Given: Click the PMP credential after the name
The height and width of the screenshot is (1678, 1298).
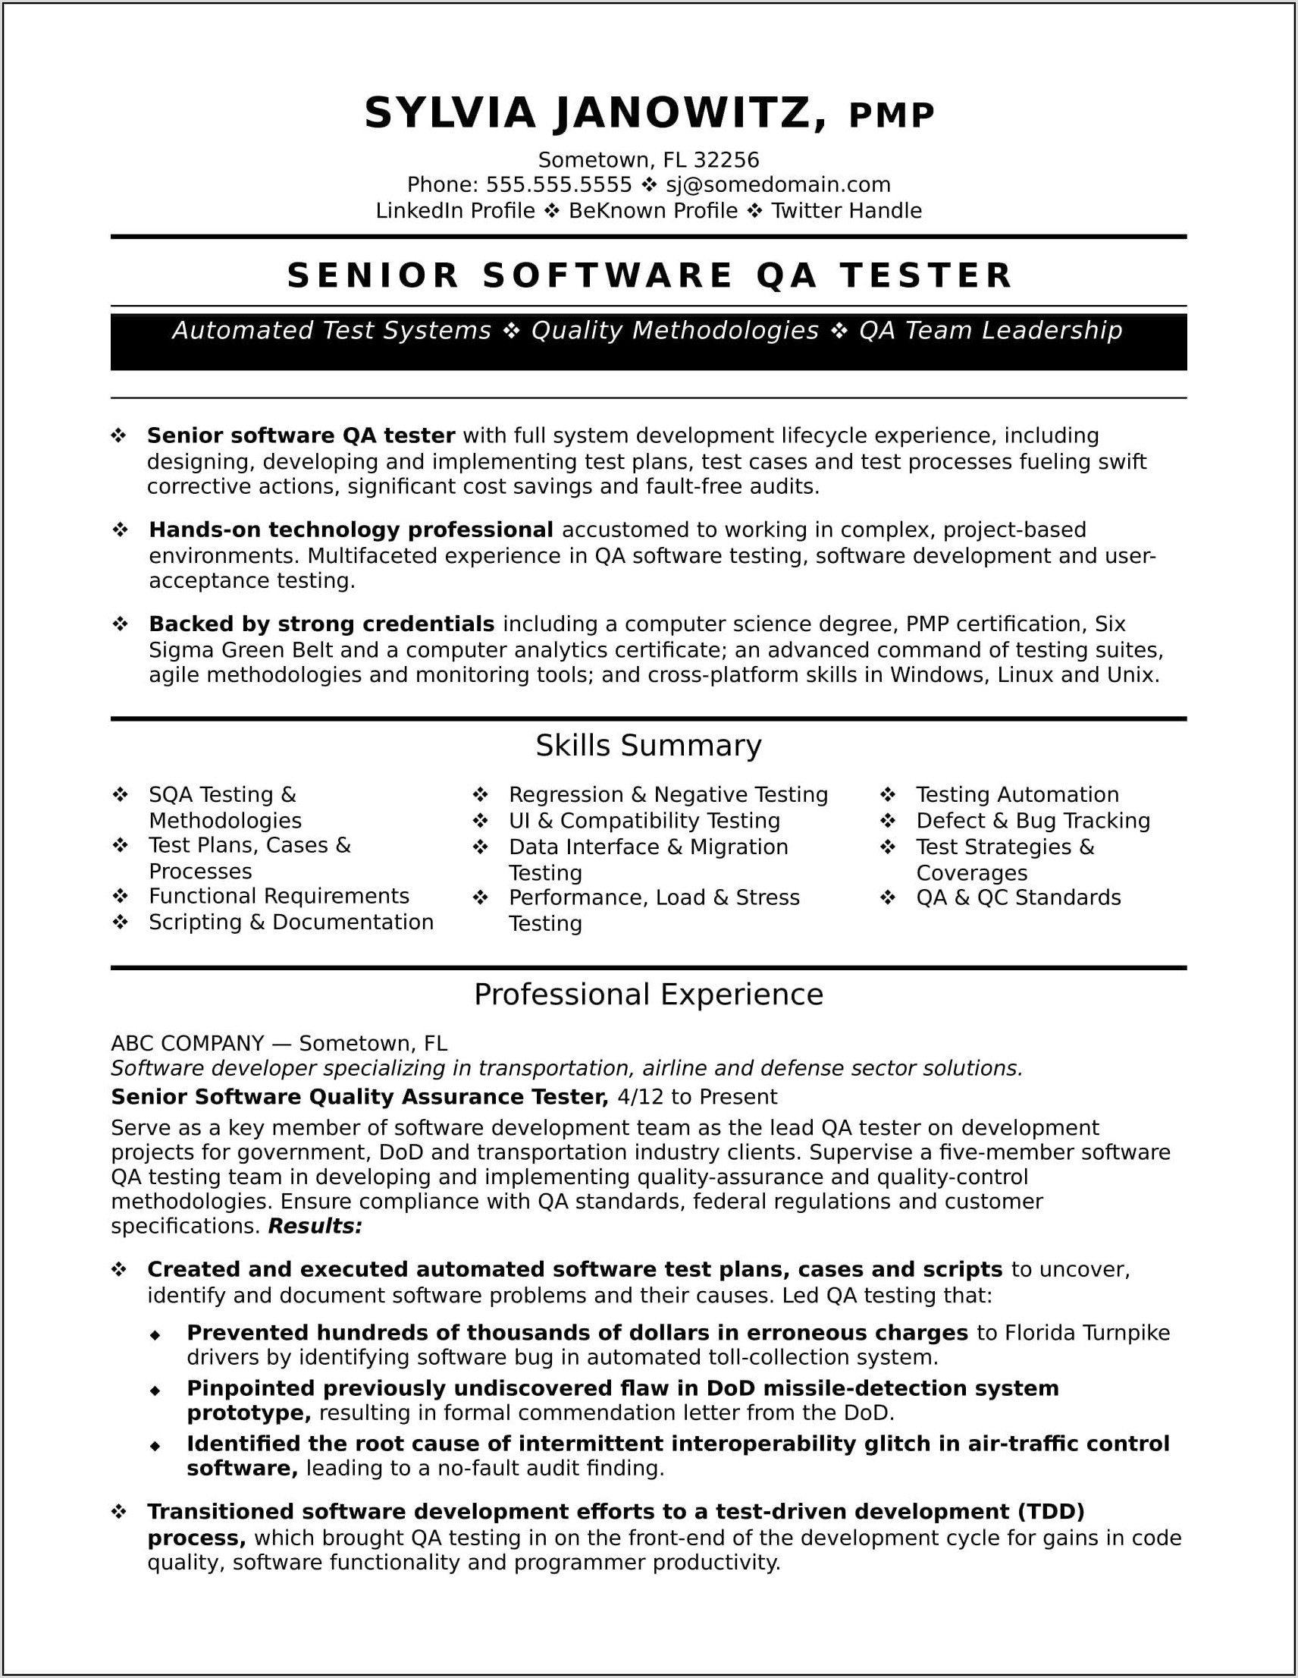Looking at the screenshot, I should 891,115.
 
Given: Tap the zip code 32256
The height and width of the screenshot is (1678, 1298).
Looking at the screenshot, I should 726,160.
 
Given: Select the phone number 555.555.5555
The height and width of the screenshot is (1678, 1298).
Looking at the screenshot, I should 558,185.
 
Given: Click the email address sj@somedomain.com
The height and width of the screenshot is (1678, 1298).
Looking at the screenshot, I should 777,185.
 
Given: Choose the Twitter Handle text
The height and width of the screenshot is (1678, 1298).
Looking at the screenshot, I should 845,211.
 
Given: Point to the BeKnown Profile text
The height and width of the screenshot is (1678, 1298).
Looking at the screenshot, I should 653,211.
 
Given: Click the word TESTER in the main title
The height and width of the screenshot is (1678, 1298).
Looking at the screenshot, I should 926,276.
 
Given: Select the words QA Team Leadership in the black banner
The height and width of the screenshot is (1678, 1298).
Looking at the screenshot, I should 990,331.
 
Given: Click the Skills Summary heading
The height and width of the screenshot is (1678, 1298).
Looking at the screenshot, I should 648,745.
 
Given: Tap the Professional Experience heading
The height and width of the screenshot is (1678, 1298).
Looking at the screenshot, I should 648,995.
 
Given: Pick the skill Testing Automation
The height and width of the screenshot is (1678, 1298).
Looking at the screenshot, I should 1017,794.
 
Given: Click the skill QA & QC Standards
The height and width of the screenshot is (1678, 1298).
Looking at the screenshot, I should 1017,897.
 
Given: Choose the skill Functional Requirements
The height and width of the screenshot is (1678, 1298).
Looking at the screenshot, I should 279,896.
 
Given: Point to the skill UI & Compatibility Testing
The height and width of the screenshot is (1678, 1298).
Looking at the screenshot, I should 644,821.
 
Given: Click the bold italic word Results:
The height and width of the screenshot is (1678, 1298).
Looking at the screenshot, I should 315,1226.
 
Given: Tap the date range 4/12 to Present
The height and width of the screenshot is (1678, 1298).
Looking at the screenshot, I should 697,1097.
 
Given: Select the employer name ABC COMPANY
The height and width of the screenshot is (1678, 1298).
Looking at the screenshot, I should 187,1043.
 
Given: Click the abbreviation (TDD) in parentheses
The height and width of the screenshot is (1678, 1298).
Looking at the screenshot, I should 1051,1512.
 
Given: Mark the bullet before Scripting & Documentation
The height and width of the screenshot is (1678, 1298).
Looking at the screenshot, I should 120,922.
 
